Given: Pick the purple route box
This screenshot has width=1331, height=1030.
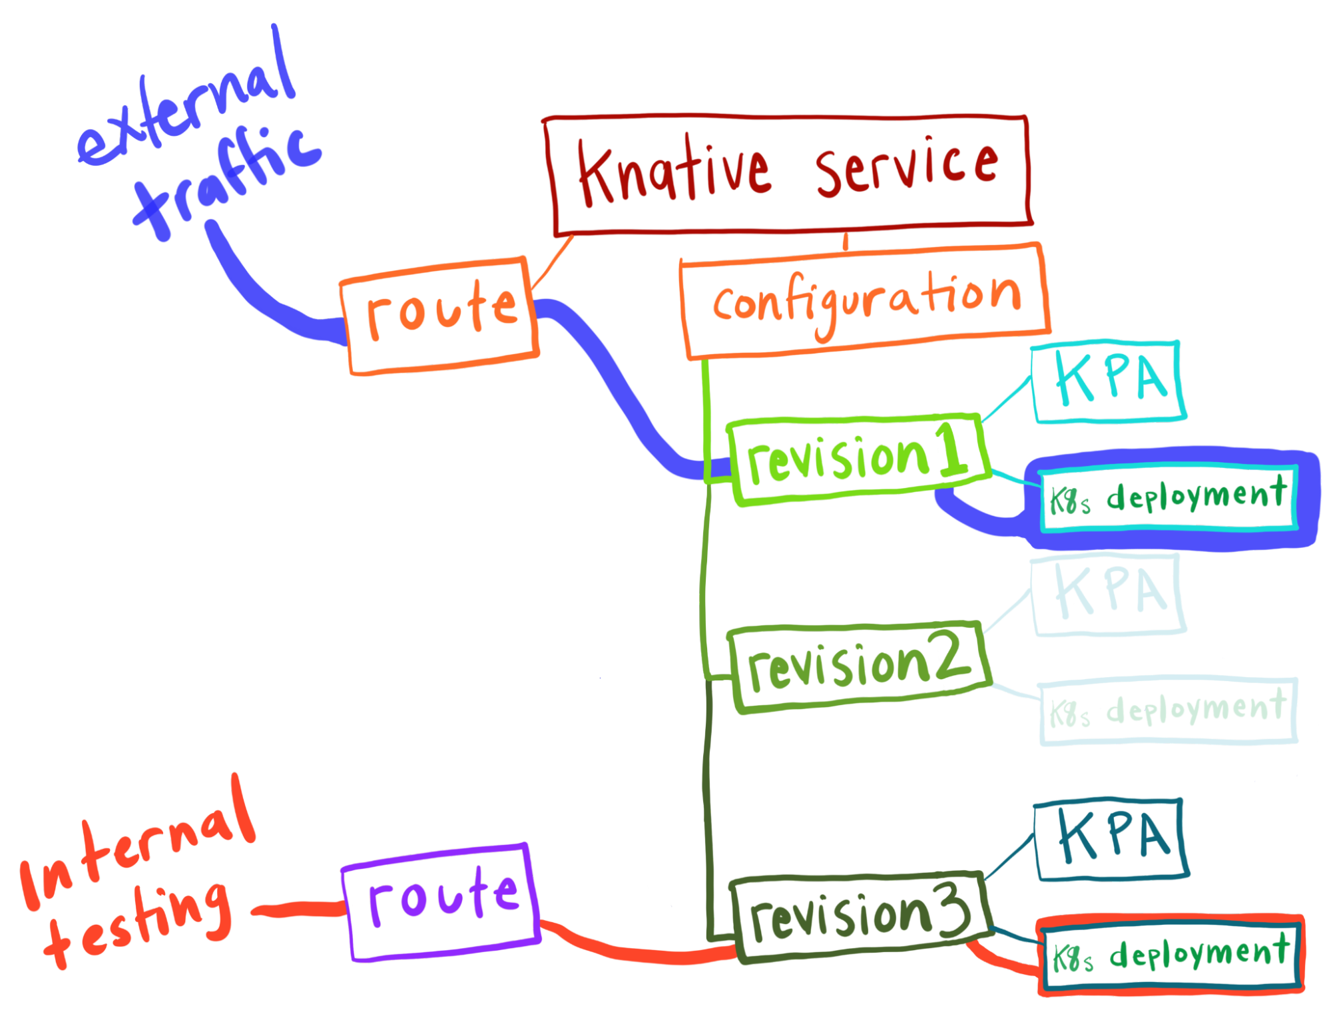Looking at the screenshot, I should (442, 901).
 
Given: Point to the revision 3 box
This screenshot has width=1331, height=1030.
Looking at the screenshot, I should (860, 916).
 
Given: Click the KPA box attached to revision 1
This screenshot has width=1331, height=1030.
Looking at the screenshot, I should (1109, 382).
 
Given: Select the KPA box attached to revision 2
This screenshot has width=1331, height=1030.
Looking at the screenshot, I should (1109, 595).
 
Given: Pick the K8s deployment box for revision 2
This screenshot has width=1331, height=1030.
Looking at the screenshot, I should (1168, 711).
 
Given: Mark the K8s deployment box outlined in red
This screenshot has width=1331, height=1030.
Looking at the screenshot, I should (1171, 955).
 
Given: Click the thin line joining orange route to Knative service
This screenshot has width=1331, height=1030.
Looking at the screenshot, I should (553, 262).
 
